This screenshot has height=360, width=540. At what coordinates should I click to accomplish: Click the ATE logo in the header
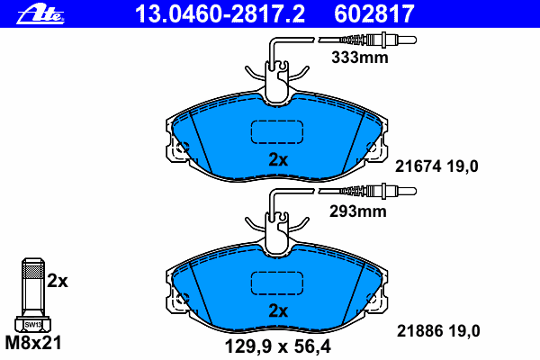tap(40, 14)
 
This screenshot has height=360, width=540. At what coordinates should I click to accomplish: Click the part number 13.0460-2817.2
tap(220, 13)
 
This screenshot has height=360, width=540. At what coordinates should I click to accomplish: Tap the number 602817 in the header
tap(374, 13)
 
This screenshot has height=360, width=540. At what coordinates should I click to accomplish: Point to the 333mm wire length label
tap(359, 58)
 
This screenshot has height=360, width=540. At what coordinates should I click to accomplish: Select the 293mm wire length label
tap(358, 211)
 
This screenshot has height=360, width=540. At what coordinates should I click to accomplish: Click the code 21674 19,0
tap(436, 166)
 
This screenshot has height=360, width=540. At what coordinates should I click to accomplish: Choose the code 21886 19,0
tap(438, 331)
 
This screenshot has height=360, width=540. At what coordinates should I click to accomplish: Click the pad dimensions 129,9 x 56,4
tap(277, 346)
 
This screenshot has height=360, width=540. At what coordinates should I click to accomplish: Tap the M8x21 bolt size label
tap(33, 343)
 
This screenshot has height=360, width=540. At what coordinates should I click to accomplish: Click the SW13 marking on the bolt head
tap(33, 325)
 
